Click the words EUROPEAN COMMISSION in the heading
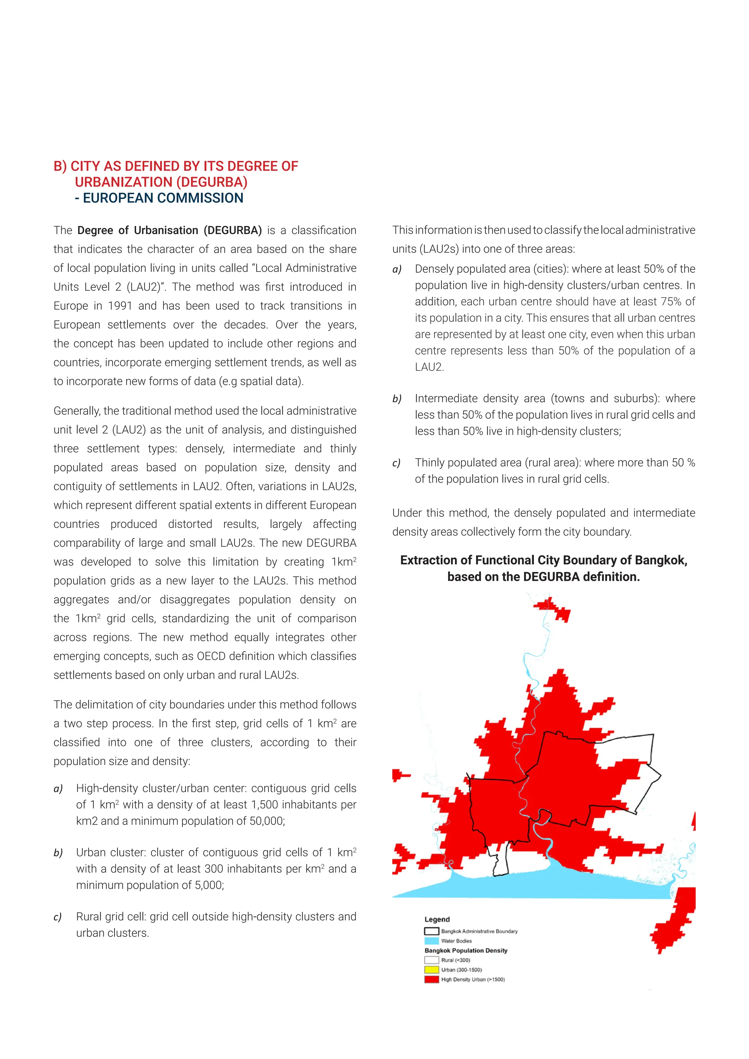click(x=163, y=198)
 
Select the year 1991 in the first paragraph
click(x=120, y=306)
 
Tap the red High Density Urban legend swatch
click(x=431, y=979)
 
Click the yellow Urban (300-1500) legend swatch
click(x=431, y=969)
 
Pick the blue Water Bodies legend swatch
click(x=431, y=941)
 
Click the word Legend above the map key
click(x=437, y=919)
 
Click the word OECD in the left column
click(x=214, y=656)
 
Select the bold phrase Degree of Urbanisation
click(x=138, y=230)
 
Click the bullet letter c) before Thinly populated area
click(x=397, y=463)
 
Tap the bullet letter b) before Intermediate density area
click(x=397, y=399)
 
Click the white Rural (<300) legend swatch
click(x=431, y=960)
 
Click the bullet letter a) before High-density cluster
click(x=58, y=789)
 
